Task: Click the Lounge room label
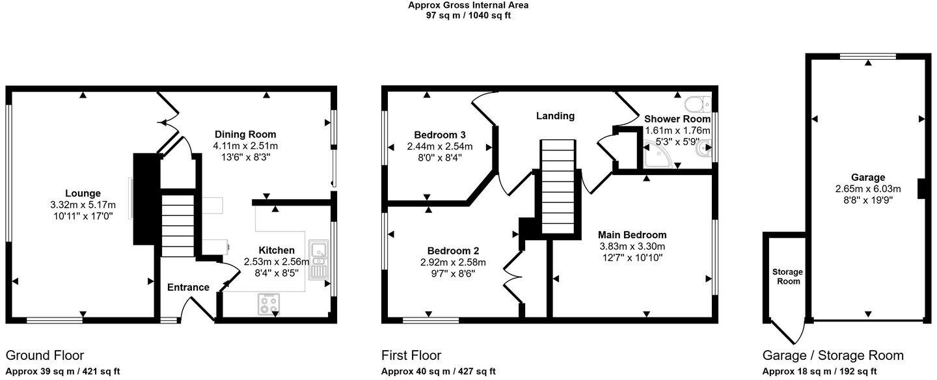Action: (x=83, y=193)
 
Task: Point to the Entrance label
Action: (x=188, y=287)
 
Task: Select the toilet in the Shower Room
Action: (x=698, y=104)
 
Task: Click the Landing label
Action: (x=555, y=116)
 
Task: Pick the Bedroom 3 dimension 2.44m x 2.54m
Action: (x=440, y=146)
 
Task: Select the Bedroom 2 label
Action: (x=453, y=251)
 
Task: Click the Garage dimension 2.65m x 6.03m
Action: (x=868, y=189)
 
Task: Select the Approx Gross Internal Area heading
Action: (x=468, y=5)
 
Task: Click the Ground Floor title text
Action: (x=45, y=355)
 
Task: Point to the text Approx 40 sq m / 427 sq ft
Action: (x=439, y=372)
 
